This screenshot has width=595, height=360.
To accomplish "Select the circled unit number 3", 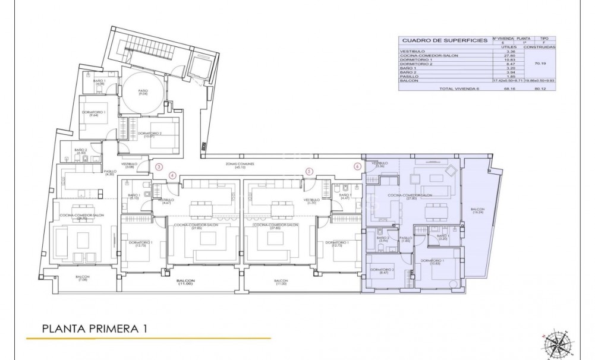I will [159, 167].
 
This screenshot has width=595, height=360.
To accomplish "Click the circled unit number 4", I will [172, 175].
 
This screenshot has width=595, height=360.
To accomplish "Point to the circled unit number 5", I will [309, 172].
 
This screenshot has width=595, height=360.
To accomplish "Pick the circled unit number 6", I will [357, 167].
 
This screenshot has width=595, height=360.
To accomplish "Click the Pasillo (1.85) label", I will [406, 239].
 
